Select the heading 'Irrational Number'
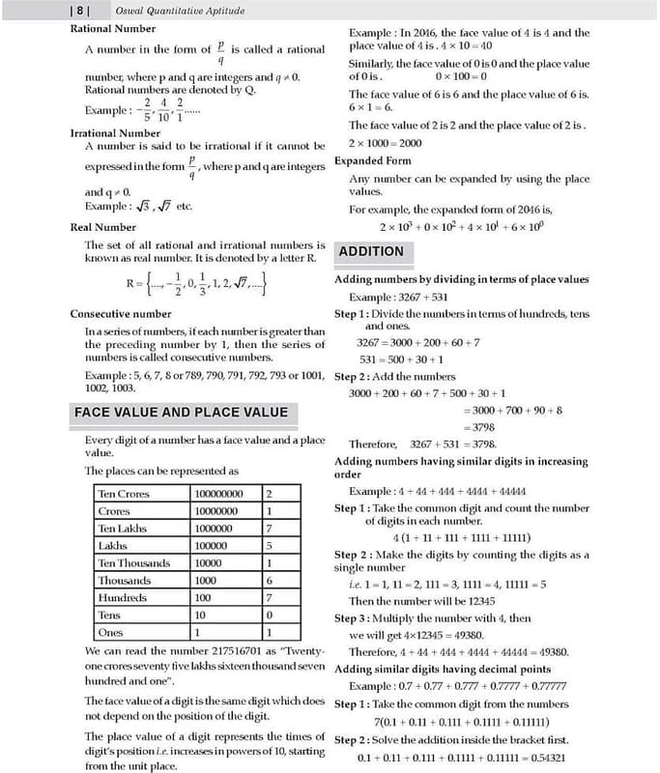click(115, 132)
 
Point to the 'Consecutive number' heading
click(121, 314)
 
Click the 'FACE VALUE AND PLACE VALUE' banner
click(182, 413)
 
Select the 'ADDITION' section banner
click(371, 251)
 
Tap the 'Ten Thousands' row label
click(133, 563)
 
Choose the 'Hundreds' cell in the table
click(121, 598)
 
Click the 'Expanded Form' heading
click(372, 160)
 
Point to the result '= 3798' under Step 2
click(480, 426)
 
